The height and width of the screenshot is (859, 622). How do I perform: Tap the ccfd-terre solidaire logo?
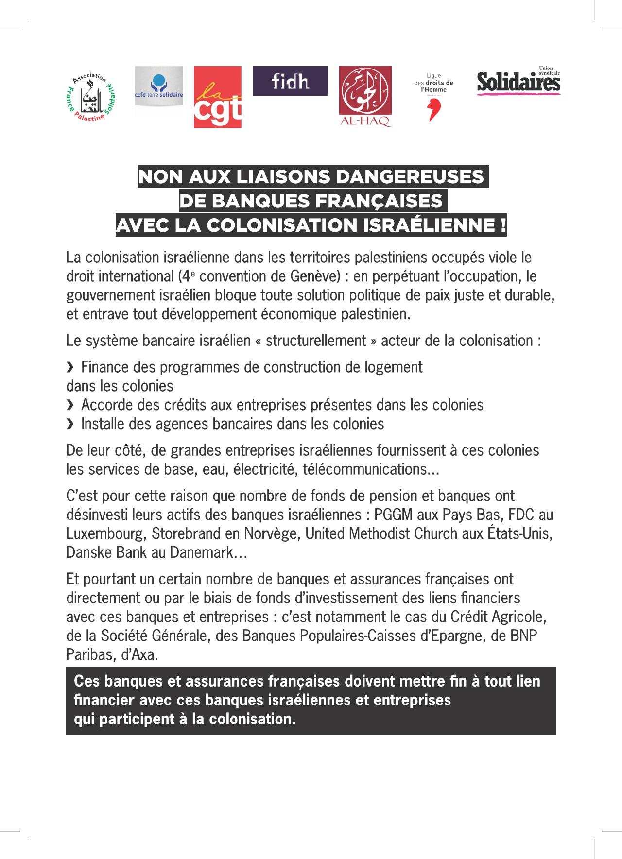coord(159,91)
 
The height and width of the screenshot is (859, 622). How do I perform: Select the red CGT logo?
coord(218,97)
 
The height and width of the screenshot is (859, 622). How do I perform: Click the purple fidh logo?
coord(290,81)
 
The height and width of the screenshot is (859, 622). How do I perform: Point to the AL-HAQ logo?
coord(365,97)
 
